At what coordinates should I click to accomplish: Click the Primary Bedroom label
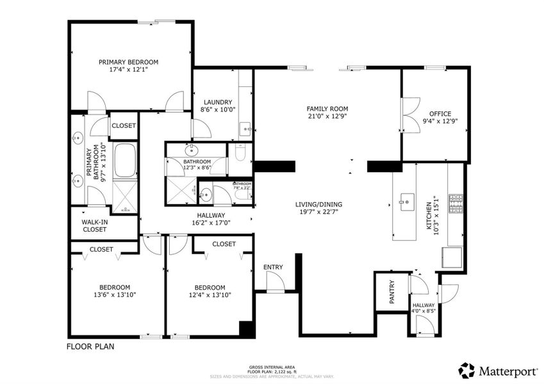tap(128, 62)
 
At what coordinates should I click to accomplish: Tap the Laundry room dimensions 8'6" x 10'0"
tap(218, 110)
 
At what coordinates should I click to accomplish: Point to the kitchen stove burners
tap(456, 204)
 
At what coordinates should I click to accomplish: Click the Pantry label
tap(392, 292)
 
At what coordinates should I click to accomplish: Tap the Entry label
tap(273, 267)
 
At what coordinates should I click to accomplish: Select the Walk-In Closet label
tap(94, 225)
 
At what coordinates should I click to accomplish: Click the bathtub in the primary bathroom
tap(126, 161)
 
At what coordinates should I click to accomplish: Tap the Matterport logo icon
tap(466, 370)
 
